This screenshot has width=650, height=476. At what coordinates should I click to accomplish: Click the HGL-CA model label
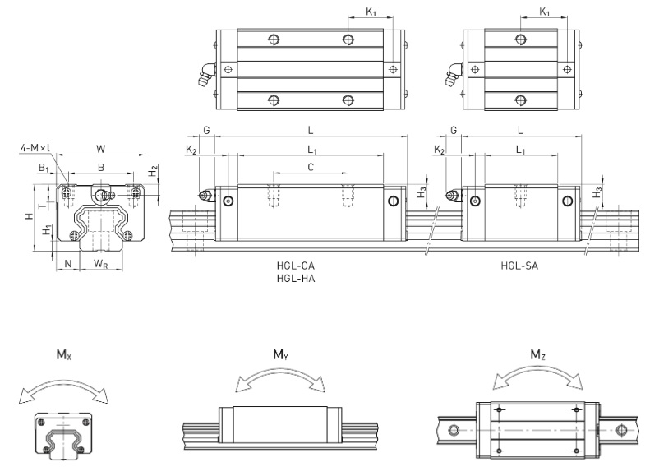pyautogui.click(x=296, y=266)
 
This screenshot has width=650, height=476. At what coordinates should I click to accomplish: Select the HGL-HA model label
pyautogui.click(x=296, y=279)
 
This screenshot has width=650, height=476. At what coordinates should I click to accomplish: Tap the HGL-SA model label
pyautogui.click(x=519, y=266)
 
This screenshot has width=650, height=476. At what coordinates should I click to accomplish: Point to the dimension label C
pyautogui.click(x=311, y=167)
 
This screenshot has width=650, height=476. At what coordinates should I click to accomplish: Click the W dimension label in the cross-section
pyautogui.click(x=101, y=149)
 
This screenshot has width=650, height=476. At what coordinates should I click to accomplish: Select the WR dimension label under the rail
pyautogui.click(x=101, y=264)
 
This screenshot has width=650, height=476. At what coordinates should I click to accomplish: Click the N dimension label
pyautogui.click(x=68, y=263)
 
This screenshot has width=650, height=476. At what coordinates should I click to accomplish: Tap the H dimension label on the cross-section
pyautogui.click(x=29, y=216)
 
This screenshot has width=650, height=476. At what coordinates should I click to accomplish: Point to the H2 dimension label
pyautogui.click(x=154, y=170)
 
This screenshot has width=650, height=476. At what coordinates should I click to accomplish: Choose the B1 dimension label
pyautogui.click(x=44, y=168)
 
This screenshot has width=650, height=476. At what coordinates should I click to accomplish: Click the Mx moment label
pyautogui.click(x=64, y=355)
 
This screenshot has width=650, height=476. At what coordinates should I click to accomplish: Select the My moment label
pyautogui.click(x=281, y=355)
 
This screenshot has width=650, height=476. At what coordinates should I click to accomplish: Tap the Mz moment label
pyautogui.click(x=537, y=355)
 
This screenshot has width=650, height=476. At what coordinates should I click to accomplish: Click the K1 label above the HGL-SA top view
pyautogui.click(x=544, y=12)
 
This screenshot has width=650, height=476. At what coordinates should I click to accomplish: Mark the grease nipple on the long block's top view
pyautogui.click(x=206, y=75)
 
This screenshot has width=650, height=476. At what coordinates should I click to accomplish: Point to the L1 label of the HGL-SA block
pyautogui.click(x=520, y=150)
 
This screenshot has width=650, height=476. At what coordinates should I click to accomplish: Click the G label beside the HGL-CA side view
pyautogui.click(x=206, y=130)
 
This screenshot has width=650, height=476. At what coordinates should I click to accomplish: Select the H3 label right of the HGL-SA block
pyautogui.click(x=597, y=193)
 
